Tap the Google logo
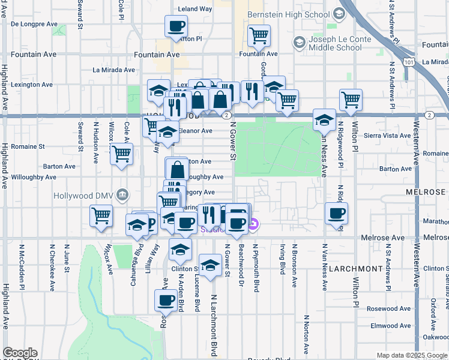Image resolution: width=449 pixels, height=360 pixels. tap(20, 353)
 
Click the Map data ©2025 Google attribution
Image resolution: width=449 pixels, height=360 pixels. tap(412, 355)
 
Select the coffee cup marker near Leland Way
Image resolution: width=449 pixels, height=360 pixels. tap(176, 26)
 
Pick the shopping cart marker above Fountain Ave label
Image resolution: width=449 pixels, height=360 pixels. tap(259, 35)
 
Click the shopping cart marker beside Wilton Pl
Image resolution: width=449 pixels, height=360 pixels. tap(351, 100)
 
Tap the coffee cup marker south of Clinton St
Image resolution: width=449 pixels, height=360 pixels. tap(166, 300)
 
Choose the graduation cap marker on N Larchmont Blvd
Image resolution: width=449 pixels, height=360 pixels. tap(210, 266)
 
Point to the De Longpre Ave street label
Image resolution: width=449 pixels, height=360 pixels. tap(34, 25)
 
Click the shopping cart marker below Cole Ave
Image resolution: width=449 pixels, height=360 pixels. tap(122, 154)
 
